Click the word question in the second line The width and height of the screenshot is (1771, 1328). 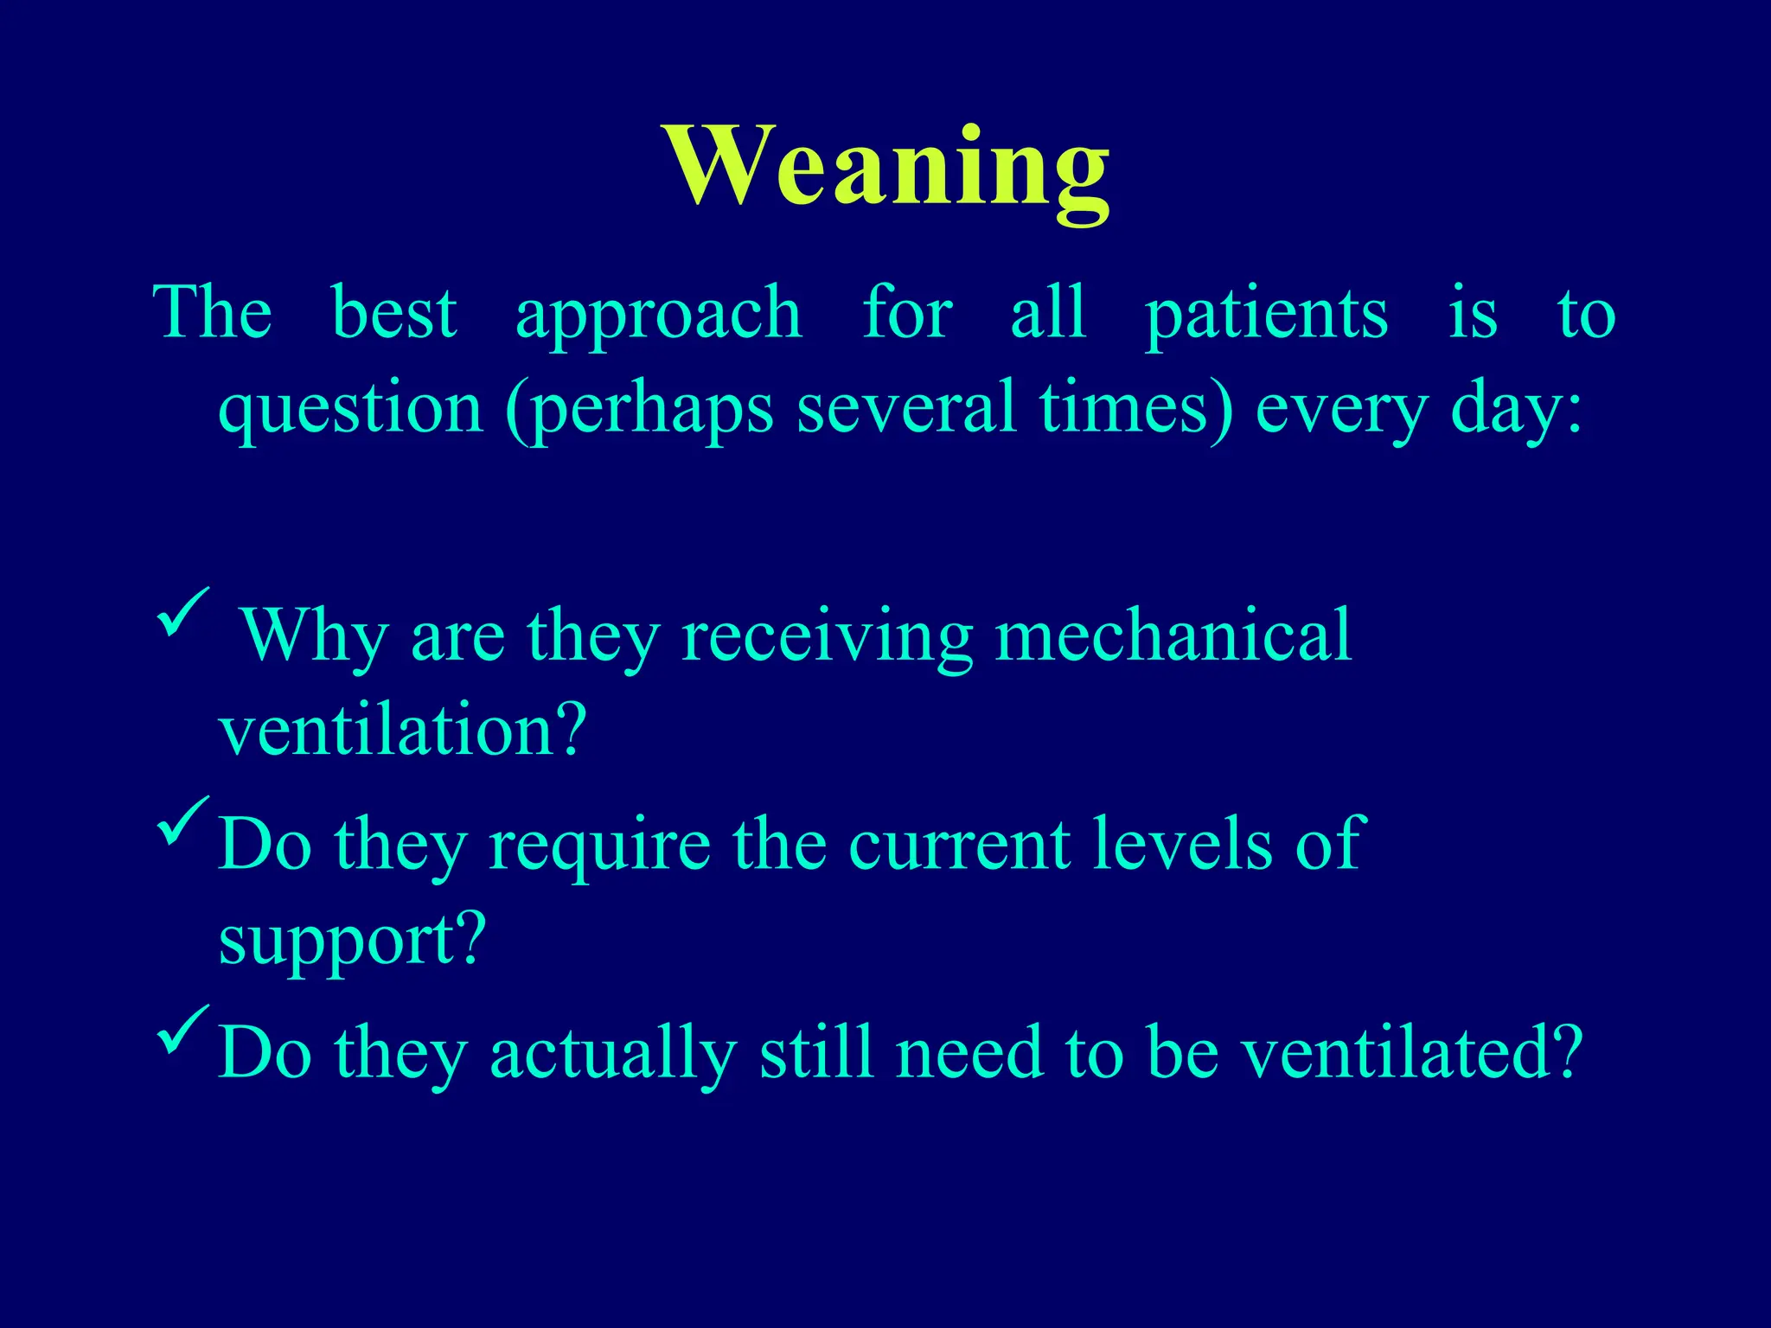point(350,410)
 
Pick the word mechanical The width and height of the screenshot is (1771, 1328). point(1173,635)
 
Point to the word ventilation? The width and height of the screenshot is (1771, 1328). point(403,731)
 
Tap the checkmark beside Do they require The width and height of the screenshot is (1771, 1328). point(182,820)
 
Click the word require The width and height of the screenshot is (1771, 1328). point(599,845)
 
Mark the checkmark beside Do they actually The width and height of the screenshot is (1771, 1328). point(182,1029)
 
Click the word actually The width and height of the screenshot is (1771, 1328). point(613,1054)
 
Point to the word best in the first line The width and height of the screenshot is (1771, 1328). point(394,313)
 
